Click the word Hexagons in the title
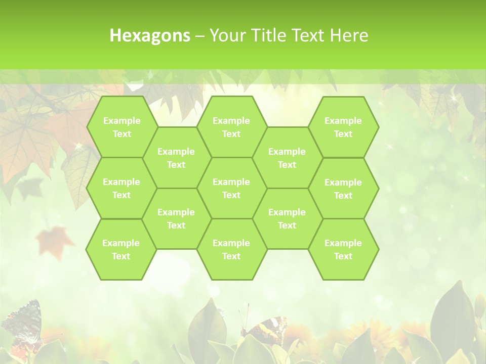(150, 35)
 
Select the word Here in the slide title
(349, 35)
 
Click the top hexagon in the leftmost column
(121, 127)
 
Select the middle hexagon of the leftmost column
(121, 188)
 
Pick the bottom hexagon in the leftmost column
(121, 249)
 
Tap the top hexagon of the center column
(231, 127)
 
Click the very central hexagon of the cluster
(231, 188)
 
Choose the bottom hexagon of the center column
(231, 249)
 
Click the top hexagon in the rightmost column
(343, 127)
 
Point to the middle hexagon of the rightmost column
(343, 189)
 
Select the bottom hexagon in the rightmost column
(343, 249)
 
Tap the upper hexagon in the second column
(176, 158)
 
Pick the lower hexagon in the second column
(176, 218)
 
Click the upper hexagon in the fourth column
(287, 158)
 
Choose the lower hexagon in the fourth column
(287, 218)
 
